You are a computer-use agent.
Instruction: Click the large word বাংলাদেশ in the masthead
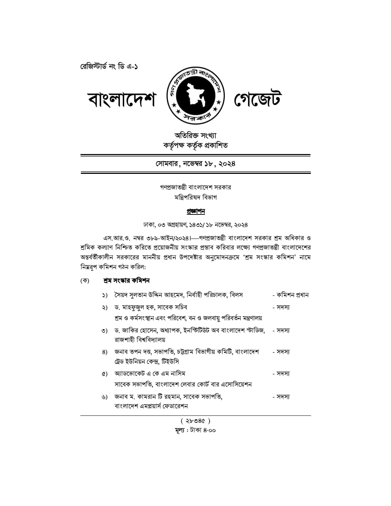[x=122, y=100]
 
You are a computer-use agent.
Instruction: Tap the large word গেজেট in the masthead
[x=258, y=100]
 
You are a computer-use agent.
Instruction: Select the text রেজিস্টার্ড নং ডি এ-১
[x=109, y=67]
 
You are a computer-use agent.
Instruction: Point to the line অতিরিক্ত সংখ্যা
[x=195, y=135]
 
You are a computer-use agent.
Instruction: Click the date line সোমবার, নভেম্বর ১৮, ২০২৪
[x=195, y=163]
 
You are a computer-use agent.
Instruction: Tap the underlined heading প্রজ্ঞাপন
[x=195, y=211]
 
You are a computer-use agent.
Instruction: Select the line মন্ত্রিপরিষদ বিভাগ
[x=195, y=197]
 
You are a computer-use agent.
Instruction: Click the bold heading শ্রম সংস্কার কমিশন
[x=126, y=281]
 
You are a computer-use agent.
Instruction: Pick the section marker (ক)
[x=85, y=281]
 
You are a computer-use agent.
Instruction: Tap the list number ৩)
[x=105, y=331]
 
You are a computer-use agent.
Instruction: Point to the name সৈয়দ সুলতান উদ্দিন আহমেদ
[x=148, y=295]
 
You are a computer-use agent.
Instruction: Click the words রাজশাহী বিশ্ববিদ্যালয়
[x=140, y=340]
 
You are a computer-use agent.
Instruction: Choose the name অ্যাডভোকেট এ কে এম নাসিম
[x=150, y=373]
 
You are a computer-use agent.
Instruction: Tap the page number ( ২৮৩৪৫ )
[x=195, y=421]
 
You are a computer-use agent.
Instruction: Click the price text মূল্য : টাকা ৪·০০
[x=195, y=430]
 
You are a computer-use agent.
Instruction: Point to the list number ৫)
[x=105, y=374]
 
